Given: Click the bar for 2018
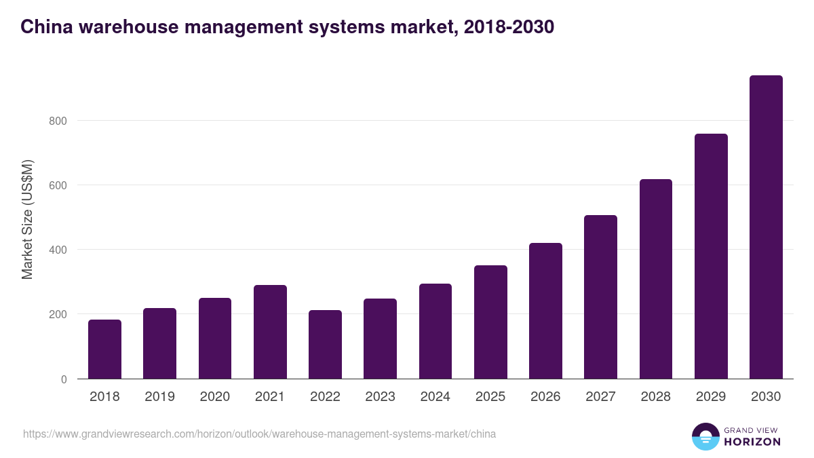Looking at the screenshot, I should tap(104, 349).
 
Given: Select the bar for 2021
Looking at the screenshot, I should tap(270, 332).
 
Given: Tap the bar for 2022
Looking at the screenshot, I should tap(325, 345).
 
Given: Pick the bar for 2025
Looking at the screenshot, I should tap(490, 322).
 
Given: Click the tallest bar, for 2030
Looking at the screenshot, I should tap(766, 227).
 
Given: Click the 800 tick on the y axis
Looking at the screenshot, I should tap(58, 121).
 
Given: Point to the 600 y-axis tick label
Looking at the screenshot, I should tap(58, 185).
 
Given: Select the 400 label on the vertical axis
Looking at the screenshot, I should tap(58, 250).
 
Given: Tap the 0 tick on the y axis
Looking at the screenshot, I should tap(64, 379).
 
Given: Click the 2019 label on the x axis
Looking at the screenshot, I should tap(159, 397).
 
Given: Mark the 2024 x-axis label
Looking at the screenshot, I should tap(435, 397).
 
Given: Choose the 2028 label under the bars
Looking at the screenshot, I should tap(655, 397).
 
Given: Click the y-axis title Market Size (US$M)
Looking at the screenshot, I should tap(27, 219).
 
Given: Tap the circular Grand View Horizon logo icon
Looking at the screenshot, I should tap(705, 436).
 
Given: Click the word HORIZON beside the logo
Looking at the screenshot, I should tap(752, 442).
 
